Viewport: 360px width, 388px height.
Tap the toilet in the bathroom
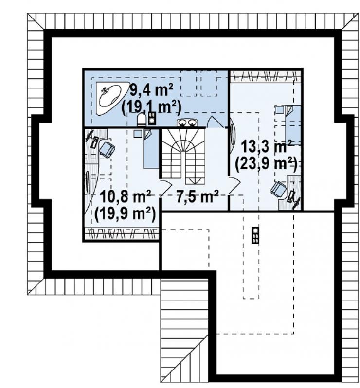click(142, 120)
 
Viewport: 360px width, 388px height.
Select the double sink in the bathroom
click(187, 123)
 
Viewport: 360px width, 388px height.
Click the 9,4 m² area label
click(151, 90)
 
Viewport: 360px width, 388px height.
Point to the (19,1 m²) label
click(151, 107)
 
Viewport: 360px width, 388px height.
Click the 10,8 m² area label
click(126, 197)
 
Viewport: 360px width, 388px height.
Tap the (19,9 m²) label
click(125, 213)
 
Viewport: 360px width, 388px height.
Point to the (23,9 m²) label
click(266, 164)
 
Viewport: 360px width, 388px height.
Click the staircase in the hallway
click(183, 157)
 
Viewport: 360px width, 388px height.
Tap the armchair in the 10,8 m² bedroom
click(107, 149)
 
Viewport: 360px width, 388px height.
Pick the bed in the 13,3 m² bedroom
click(294, 125)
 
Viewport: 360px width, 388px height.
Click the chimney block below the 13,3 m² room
click(255, 235)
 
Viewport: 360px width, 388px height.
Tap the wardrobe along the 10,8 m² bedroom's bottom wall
click(121, 233)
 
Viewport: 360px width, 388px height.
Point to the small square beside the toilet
click(152, 118)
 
